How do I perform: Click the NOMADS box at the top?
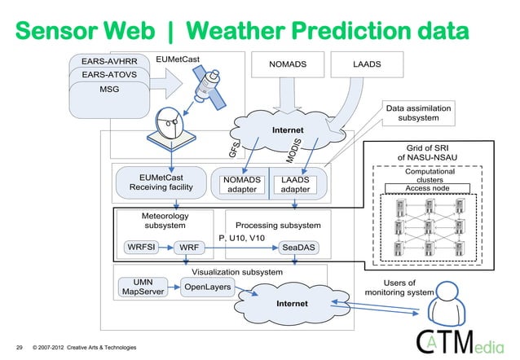coord(288,64)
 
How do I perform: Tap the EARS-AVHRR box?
coord(109,61)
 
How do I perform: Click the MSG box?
coord(109,90)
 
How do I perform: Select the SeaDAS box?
coord(300,245)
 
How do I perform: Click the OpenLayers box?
coord(207,287)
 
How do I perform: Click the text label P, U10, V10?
coord(243,238)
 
